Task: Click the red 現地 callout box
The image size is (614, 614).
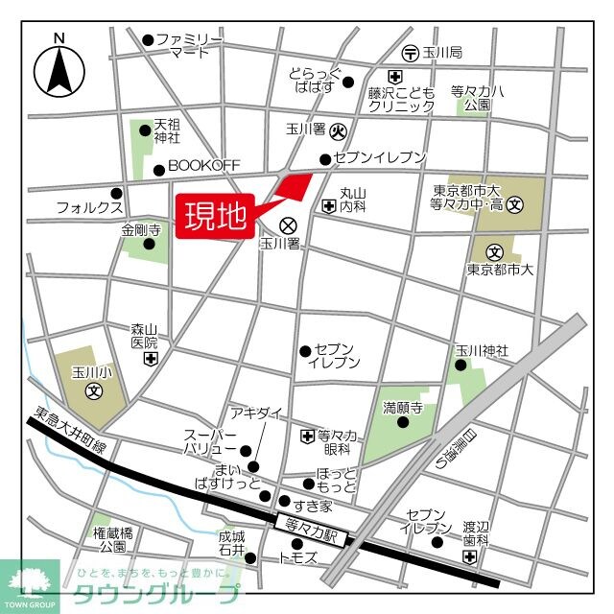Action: point(215,216)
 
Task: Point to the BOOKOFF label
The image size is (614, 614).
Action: point(203,166)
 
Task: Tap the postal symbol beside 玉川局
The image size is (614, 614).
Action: point(410,52)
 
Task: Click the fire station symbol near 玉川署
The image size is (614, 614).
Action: point(338,130)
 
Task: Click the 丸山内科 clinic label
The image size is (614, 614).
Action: point(354,200)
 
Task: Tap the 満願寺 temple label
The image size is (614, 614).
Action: point(403,407)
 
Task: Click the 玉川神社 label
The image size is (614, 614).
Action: point(482,351)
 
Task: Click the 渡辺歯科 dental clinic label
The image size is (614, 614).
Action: point(476,533)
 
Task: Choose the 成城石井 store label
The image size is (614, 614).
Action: point(231,543)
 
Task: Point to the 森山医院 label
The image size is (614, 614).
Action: point(144,336)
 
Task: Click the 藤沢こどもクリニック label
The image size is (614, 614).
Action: point(401,99)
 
